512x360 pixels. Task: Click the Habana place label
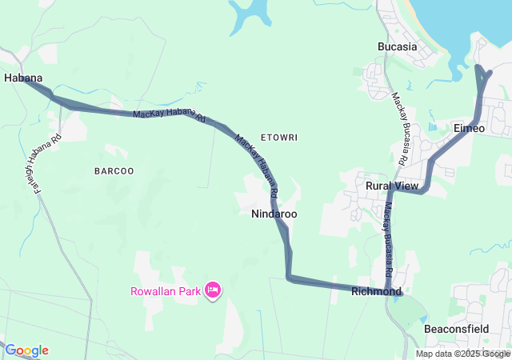(x=22, y=78)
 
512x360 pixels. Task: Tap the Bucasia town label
(x=398, y=46)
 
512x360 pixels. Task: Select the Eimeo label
(x=469, y=128)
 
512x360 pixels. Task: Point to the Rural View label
(x=392, y=186)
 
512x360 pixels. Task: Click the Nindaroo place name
(x=274, y=214)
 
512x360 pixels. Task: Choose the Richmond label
(x=375, y=292)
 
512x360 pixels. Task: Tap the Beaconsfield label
(x=457, y=329)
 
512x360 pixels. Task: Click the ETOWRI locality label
(x=279, y=138)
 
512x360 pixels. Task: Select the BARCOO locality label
(x=114, y=171)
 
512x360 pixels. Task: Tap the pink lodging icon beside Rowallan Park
(x=213, y=290)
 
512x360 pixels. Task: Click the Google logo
(x=26, y=350)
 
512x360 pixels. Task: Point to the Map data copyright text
(x=462, y=354)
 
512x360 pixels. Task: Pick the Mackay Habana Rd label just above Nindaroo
(x=258, y=165)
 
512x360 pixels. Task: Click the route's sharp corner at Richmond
(x=387, y=291)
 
